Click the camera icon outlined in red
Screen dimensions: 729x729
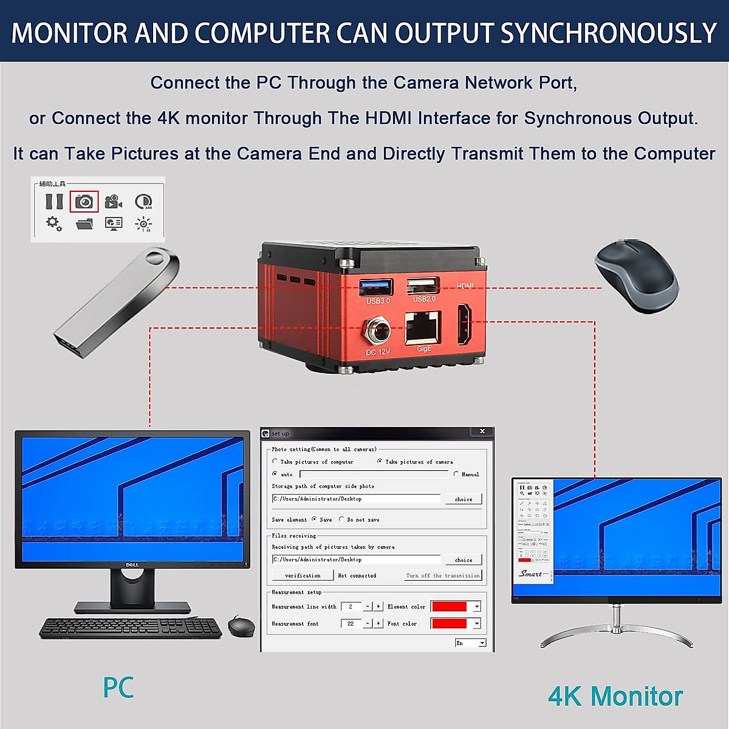tap(84, 201)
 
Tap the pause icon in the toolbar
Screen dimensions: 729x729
tap(54, 201)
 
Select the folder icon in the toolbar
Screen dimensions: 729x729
tap(84, 224)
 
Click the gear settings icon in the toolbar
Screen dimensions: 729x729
tap(53, 223)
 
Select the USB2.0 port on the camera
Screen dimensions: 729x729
tap(423, 285)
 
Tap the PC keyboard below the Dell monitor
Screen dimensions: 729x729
tap(131, 628)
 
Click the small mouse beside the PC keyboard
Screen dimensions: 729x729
tap(241, 626)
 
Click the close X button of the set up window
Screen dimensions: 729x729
tap(482, 431)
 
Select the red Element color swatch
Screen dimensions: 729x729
tap(449, 606)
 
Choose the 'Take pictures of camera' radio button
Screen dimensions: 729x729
tap(380, 462)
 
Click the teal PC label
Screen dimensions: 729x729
tap(118, 688)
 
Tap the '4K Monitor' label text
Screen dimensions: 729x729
tap(615, 696)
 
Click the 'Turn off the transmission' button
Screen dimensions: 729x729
tap(443, 575)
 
